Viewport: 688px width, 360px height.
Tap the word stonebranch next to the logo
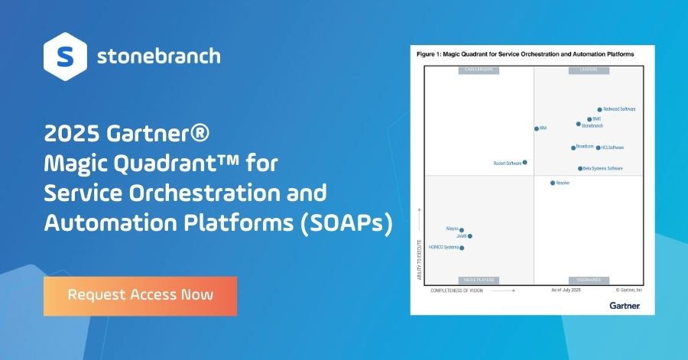point(159,56)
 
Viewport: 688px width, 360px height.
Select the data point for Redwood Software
point(600,110)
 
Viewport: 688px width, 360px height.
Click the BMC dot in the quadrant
point(589,119)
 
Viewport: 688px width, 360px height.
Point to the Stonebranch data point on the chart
point(579,124)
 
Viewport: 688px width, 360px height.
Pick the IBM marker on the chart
point(536,128)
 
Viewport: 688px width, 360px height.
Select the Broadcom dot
point(573,148)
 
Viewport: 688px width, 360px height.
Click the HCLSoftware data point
point(598,148)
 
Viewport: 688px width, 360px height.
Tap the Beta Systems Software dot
point(580,168)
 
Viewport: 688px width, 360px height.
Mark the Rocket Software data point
point(524,162)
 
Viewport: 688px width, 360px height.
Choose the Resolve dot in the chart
point(552,183)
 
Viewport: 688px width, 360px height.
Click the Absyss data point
point(462,229)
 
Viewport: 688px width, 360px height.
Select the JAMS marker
point(470,236)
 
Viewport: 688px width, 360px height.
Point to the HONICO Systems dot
point(462,248)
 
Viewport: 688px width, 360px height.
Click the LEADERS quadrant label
point(588,70)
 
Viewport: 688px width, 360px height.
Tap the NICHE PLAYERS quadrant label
point(478,281)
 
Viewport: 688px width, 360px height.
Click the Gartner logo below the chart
point(625,305)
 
